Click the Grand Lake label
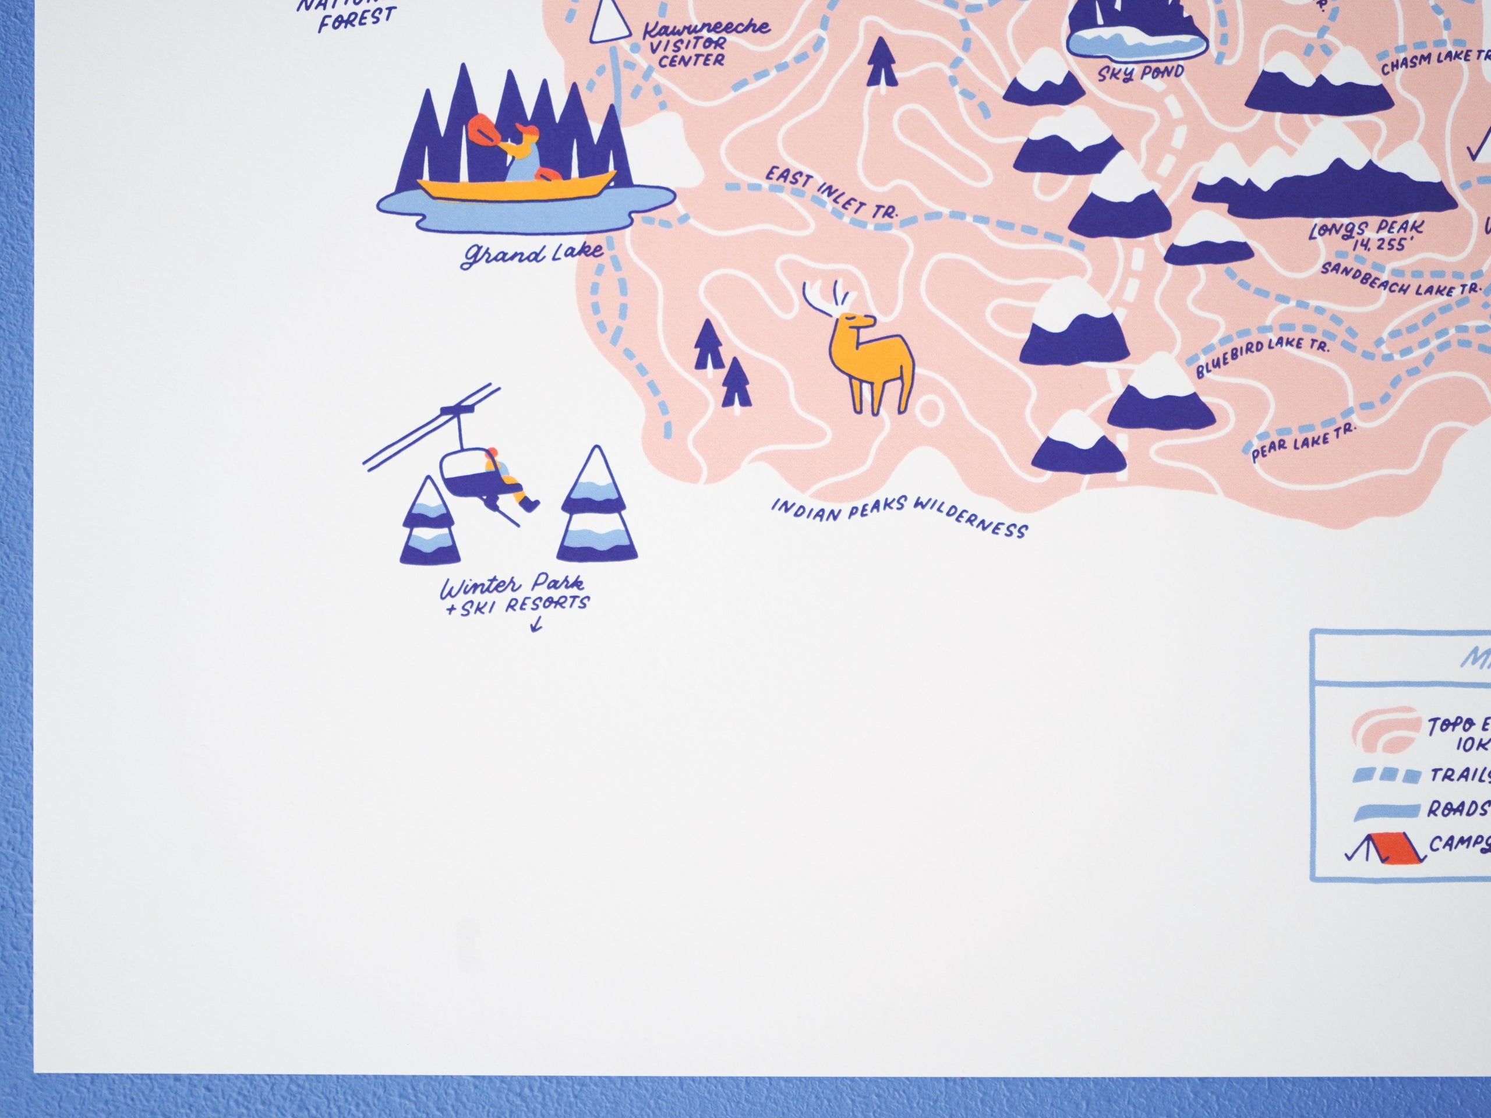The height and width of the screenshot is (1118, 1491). (532, 254)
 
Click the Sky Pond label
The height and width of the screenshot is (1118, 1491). (1140, 73)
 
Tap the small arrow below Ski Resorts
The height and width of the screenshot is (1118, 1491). (536, 625)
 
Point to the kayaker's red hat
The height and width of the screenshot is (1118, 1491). (525, 129)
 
